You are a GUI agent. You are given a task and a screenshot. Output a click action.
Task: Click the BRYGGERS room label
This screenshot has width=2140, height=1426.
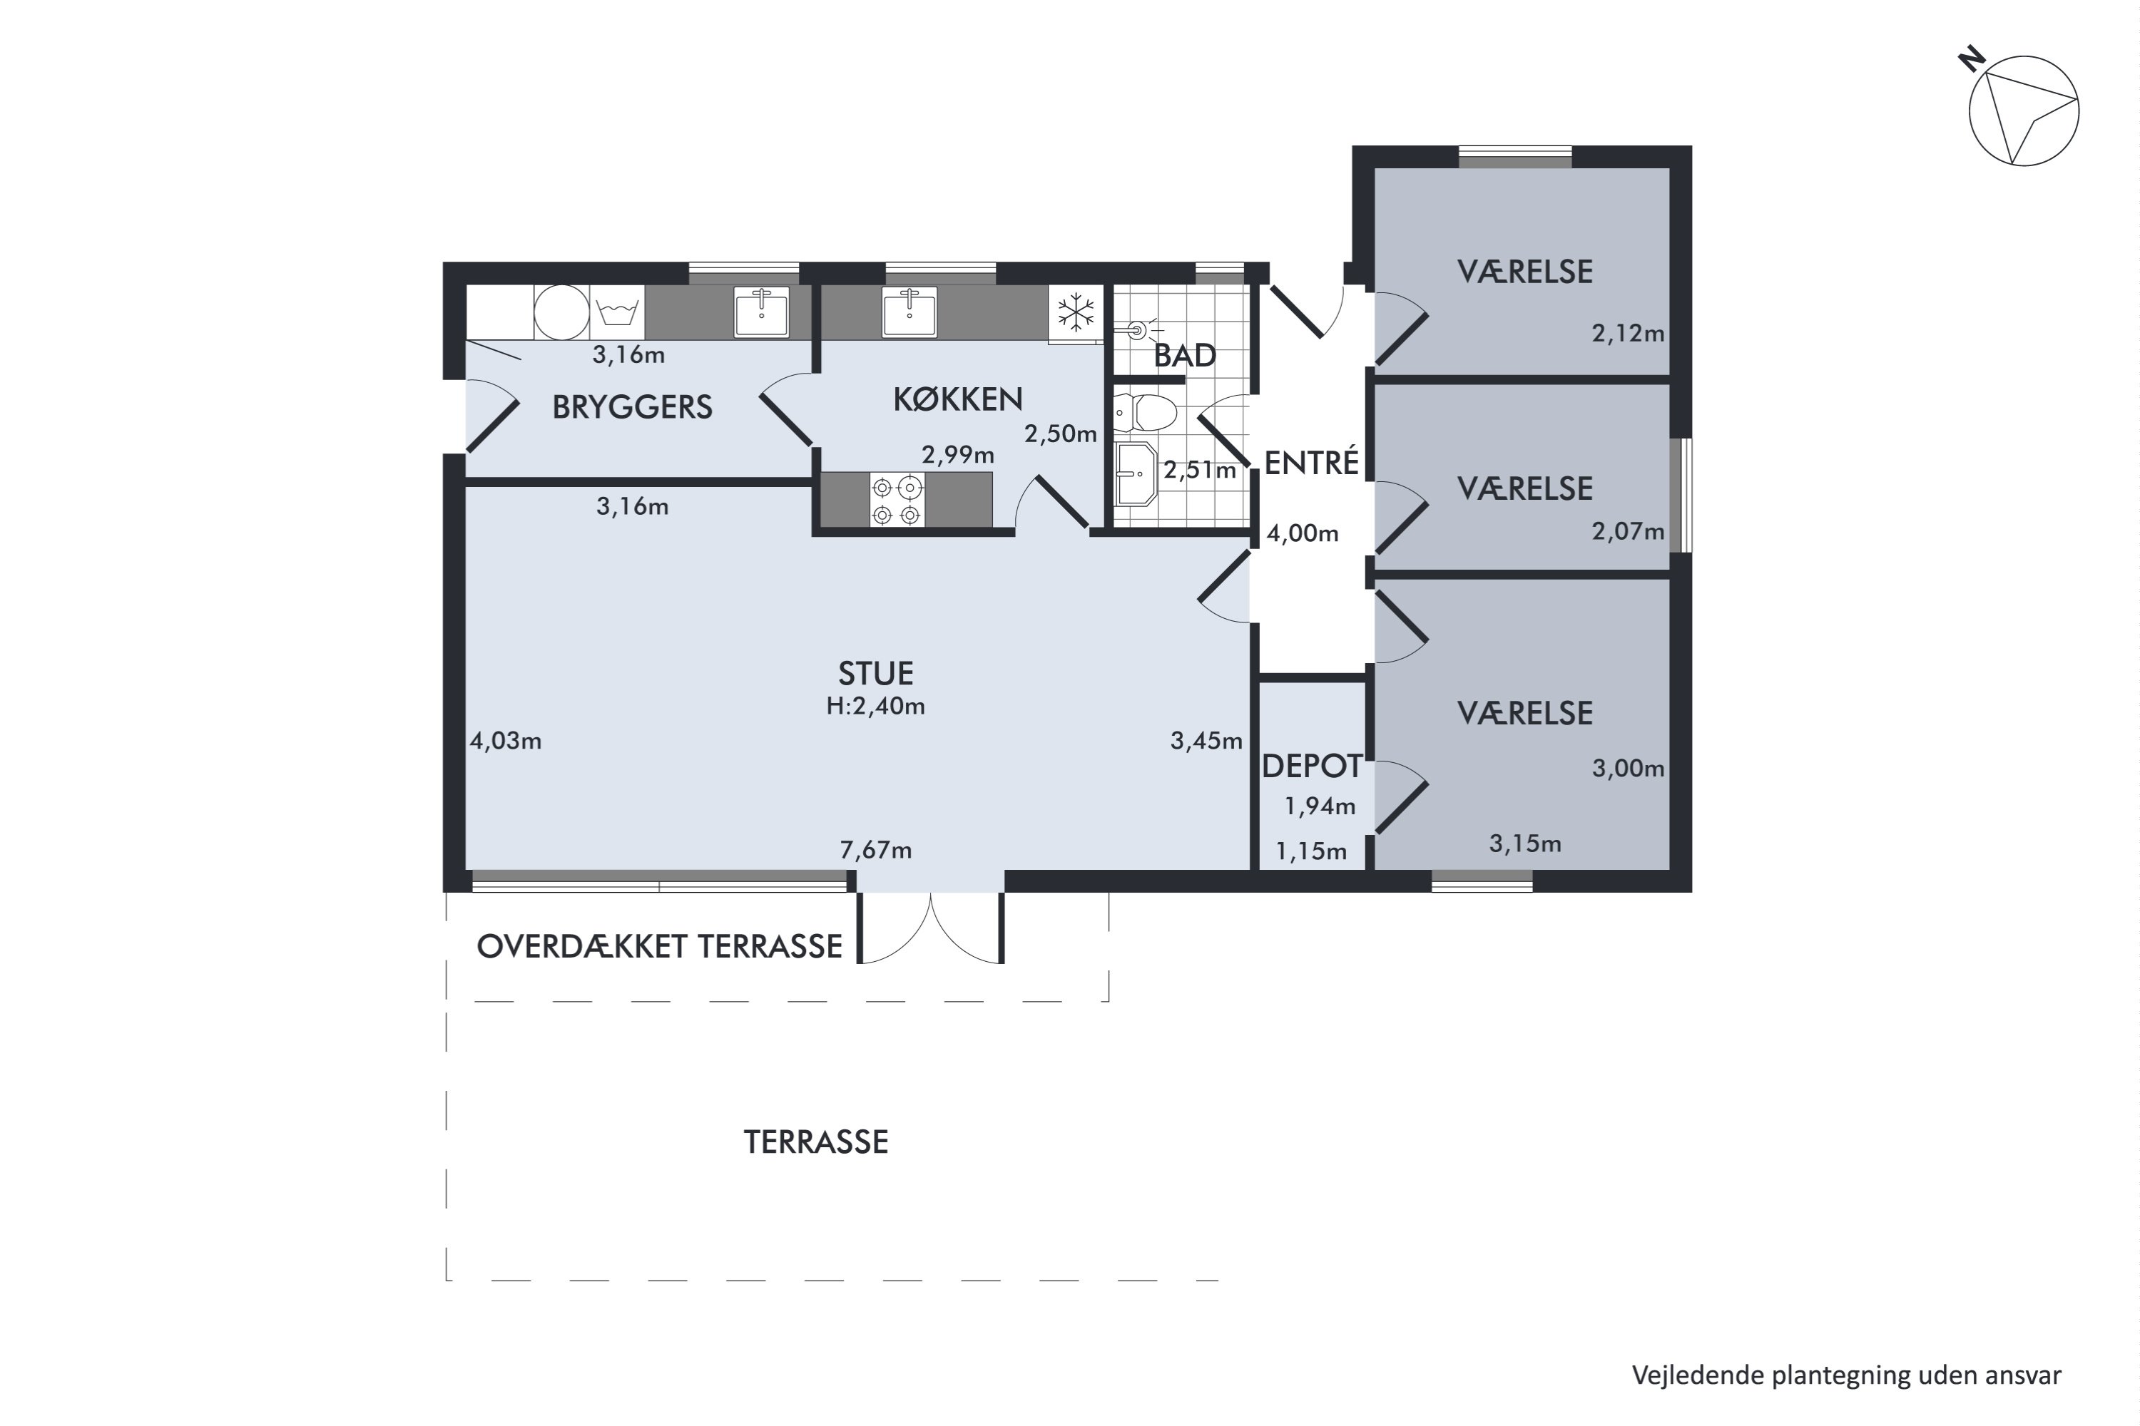click(632, 406)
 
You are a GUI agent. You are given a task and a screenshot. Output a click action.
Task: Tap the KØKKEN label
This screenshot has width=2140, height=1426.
click(958, 399)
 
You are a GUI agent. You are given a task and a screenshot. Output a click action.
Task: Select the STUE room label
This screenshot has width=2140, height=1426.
click(875, 673)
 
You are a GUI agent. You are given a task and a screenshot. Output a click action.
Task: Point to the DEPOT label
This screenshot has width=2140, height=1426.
click(1312, 766)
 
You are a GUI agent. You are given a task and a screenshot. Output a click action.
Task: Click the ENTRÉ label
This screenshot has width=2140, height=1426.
click(1311, 462)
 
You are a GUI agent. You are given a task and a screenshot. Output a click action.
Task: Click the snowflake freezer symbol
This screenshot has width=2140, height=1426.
click(1076, 312)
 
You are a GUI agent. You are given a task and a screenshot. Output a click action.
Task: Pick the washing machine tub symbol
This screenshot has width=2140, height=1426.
click(618, 313)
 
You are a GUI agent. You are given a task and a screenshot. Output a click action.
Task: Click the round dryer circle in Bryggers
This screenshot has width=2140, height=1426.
click(561, 312)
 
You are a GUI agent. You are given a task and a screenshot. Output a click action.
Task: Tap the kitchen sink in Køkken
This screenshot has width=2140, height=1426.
click(909, 312)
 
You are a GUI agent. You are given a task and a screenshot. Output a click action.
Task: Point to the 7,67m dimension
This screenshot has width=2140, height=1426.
click(875, 851)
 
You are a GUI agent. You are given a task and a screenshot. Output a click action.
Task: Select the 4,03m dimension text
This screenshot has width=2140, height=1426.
click(506, 742)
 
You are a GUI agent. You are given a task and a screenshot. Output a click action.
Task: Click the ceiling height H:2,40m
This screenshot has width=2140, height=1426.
click(875, 706)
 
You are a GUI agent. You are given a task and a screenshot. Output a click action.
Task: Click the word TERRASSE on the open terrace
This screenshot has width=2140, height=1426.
click(816, 1142)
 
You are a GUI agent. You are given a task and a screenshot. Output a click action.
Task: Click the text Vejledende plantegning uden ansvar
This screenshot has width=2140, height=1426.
click(1847, 1376)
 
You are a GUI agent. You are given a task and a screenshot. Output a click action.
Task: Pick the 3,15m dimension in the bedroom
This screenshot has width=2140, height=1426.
click(1525, 844)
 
